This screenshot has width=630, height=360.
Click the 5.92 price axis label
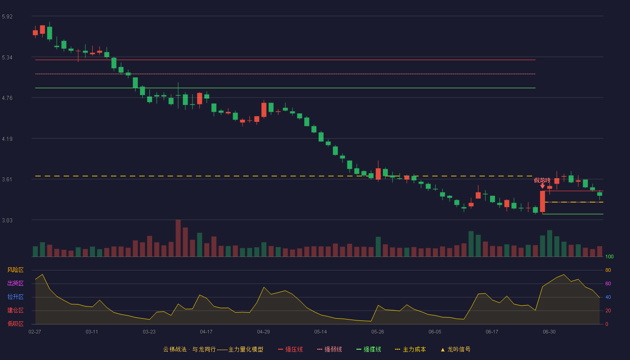7,17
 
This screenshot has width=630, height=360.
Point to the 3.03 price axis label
7,220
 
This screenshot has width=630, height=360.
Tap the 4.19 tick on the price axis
7,139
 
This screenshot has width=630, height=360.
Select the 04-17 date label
206,332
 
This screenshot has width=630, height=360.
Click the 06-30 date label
549,332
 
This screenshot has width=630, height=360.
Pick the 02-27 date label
35,332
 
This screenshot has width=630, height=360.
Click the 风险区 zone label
15,270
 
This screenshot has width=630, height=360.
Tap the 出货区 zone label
15,283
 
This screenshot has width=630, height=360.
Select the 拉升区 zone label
15,297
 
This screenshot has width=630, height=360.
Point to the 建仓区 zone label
15,310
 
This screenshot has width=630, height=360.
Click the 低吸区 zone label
15,324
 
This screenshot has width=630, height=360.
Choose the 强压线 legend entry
290,349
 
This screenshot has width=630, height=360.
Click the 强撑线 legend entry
369,349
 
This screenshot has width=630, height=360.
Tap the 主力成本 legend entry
410,349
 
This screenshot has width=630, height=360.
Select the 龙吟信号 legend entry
455,349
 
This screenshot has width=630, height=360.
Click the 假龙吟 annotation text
542,180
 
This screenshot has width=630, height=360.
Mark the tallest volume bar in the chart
178,238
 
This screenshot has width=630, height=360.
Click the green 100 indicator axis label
609,256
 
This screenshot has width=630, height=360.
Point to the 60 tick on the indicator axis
608,283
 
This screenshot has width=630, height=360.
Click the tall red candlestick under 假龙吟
542,202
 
